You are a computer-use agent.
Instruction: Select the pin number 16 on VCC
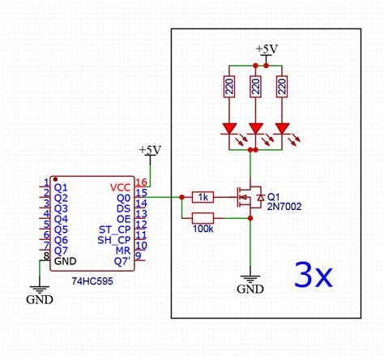coord(141,184)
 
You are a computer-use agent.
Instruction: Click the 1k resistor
coord(203,197)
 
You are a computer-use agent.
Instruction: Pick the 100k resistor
coord(203,217)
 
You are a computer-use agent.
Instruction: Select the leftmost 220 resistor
coord(229,88)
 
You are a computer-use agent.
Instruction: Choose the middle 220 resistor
coord(256,88)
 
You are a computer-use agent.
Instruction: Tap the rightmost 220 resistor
coord(283,88)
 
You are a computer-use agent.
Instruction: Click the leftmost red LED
coord(229,128)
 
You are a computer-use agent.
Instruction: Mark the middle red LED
coord(256,128)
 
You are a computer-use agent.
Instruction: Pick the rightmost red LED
coord(283,128)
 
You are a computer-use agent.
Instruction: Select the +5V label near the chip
coord(150,151)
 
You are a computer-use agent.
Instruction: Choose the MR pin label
coord(122,250)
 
